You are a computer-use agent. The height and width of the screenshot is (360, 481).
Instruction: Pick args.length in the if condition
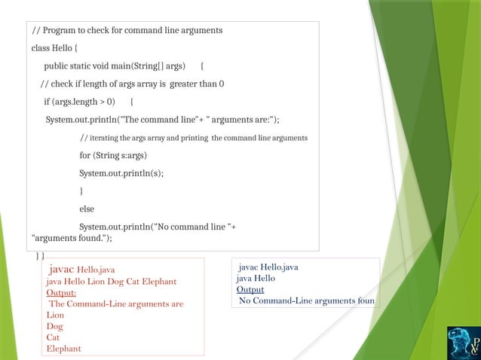76,102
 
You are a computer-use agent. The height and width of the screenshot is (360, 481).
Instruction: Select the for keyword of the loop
85,155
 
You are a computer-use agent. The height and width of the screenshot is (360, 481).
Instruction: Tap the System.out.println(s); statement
121,172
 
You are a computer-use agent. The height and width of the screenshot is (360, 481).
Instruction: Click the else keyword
87,209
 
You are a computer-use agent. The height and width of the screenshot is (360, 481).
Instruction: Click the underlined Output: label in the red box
61,293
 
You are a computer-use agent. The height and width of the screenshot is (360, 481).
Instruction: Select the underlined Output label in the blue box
250,289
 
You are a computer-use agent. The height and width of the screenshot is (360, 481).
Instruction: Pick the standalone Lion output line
56,315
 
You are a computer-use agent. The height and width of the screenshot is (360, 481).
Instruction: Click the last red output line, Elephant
63,349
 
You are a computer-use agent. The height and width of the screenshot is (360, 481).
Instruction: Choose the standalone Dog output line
54,326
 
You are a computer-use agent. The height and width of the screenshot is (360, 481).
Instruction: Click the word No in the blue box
245,301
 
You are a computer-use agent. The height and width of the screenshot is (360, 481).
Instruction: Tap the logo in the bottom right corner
462,341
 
